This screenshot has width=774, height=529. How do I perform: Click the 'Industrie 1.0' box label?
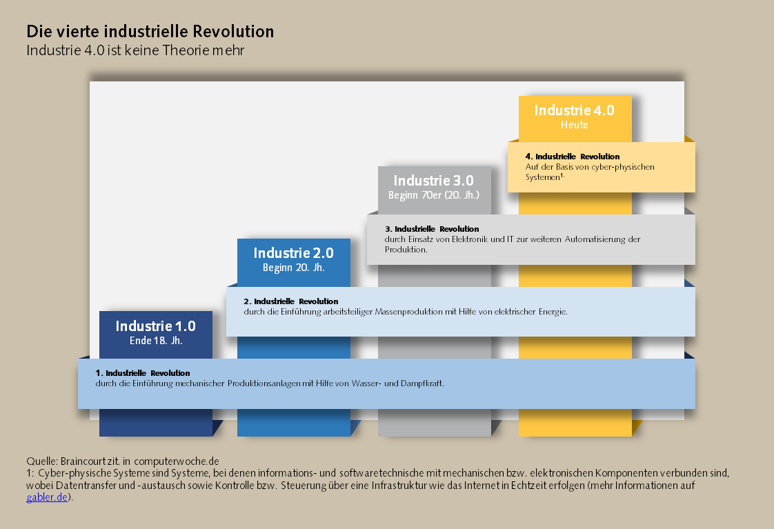pos(155,326)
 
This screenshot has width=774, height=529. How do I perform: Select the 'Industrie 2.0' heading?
pos(294,253)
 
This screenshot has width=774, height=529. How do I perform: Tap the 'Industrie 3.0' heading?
pos(433,181)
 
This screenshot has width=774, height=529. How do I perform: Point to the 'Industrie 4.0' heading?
pos(574,110)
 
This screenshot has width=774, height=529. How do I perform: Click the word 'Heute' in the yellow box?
pos(574,125)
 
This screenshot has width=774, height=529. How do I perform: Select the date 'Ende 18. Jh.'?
pos(156,341)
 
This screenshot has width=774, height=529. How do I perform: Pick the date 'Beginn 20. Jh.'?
pos(294,268)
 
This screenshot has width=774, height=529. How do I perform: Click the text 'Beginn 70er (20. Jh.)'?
pos(434,195)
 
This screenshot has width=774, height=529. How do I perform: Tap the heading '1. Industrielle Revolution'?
pos(143,373)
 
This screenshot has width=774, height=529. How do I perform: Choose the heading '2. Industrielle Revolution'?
pos(290,301)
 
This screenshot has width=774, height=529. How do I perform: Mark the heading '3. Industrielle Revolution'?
pos(432,229)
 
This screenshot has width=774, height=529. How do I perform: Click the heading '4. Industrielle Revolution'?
pos(573,157)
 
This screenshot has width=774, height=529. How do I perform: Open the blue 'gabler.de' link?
pos(47,497)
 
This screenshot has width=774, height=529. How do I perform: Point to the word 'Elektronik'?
pos(469,239)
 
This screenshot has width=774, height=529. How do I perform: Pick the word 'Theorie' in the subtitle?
pos(186,50)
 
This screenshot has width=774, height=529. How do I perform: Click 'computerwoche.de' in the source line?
pos(176,461)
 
